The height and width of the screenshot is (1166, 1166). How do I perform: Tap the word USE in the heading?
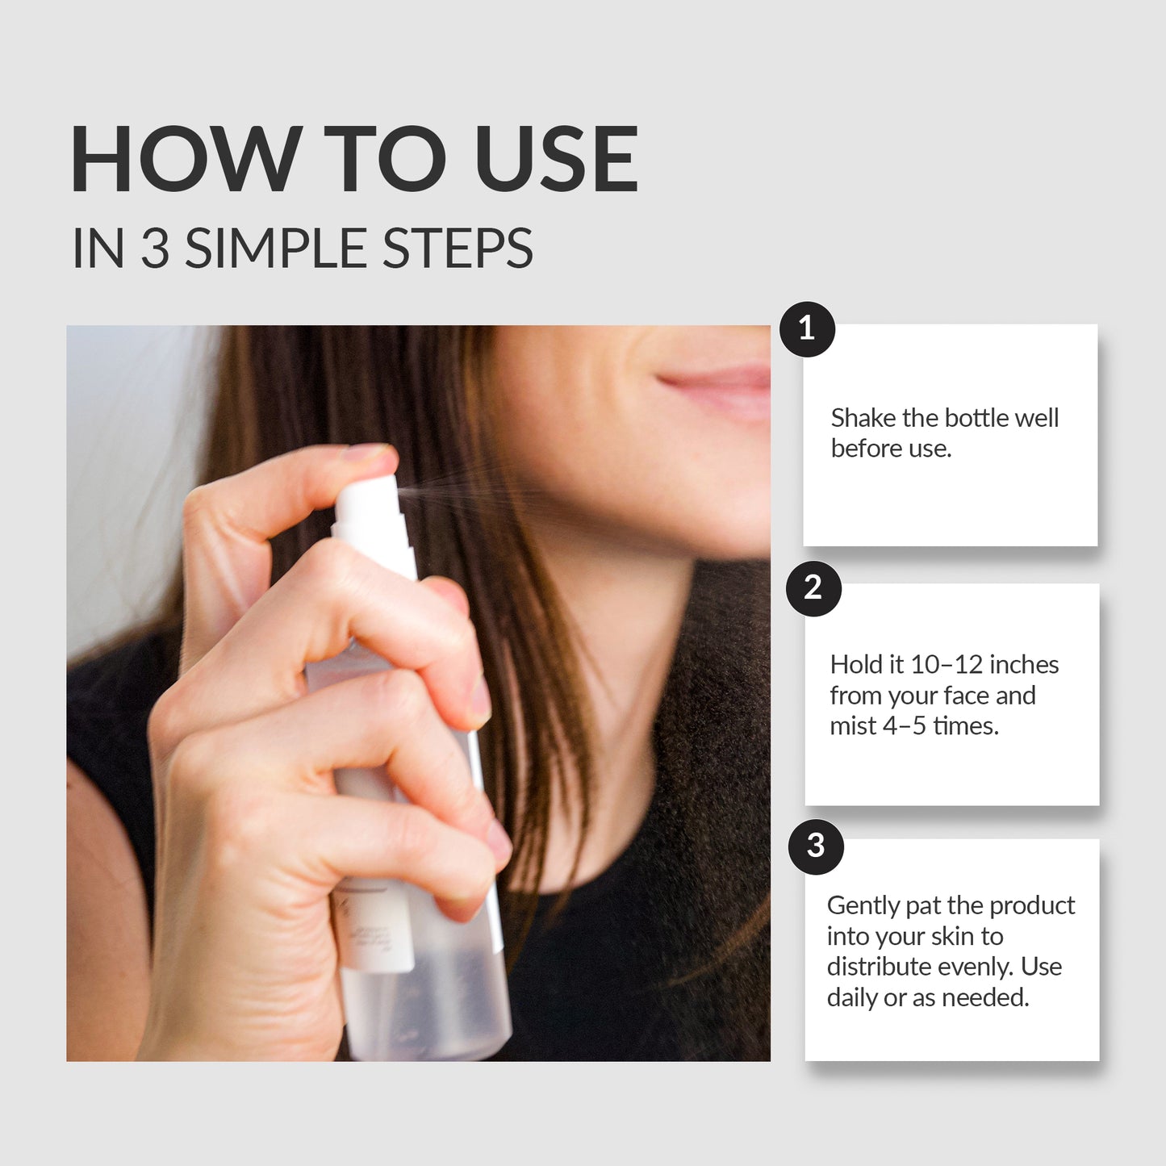coord(556,160)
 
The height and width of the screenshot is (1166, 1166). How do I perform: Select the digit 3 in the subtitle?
coord(155,249)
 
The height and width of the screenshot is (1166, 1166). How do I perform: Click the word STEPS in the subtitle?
coord(457,249)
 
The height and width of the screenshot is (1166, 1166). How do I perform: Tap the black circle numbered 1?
coord(807,329)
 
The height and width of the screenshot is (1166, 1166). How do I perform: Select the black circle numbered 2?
coord(813,588)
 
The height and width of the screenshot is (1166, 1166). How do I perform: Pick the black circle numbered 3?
coord(816,846)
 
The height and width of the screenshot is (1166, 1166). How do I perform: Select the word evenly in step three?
coord(975,967)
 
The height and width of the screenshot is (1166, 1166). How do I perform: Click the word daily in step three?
coord(852,998)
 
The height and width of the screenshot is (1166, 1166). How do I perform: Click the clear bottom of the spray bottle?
coord(428,1009)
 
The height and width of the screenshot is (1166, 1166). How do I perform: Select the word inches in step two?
coord(1024,665)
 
